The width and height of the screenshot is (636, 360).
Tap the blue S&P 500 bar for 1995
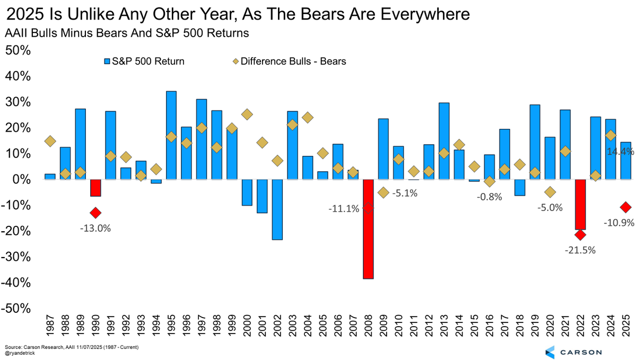point(171,135)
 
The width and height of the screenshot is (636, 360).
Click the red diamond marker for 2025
point(626,207)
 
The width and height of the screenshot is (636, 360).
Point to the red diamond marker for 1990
point(95,213)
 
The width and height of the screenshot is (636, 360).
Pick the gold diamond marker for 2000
point(247,115)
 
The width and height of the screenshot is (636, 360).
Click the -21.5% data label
point(580,250)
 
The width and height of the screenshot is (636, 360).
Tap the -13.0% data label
point(95,228)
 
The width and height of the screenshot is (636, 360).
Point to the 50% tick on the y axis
point(19,50)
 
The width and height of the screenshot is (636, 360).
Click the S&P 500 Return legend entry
point(144,61)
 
